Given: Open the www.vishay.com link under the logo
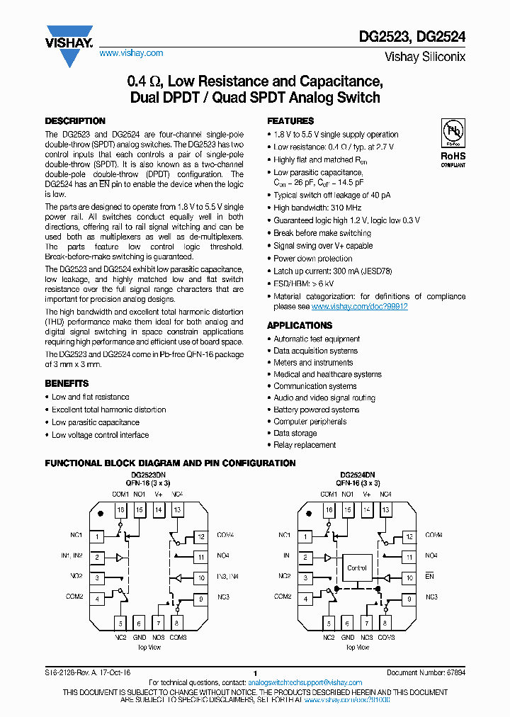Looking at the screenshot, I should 131,53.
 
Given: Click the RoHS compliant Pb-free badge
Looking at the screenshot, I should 453,142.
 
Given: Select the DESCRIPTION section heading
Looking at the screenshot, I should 75,121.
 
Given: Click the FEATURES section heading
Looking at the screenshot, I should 290,121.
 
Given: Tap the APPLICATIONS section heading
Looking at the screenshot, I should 300,325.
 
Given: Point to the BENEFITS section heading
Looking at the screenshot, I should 67,383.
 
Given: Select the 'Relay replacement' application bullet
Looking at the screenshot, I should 305,445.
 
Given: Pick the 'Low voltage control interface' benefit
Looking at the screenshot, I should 100,435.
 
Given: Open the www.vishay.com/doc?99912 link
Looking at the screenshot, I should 360,307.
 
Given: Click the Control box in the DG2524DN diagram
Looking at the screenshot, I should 357,568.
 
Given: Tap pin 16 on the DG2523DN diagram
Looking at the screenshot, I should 120,510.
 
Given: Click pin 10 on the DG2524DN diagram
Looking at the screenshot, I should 409,578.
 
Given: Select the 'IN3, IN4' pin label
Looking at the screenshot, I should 228,577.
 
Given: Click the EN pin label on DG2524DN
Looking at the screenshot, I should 429,577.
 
